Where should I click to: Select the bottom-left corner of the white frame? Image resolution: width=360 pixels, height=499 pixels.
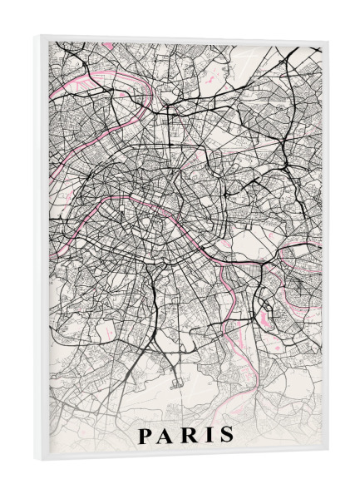click(x=36, y=466)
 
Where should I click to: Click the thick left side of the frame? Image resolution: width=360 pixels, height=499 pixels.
click(x=42, y=249)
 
